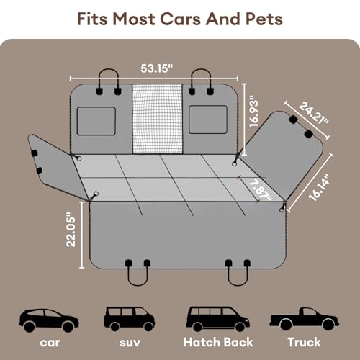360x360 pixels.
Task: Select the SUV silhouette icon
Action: coord(128,317)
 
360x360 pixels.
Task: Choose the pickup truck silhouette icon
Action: coord(297,317)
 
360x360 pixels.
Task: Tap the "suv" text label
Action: coord(128,343)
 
